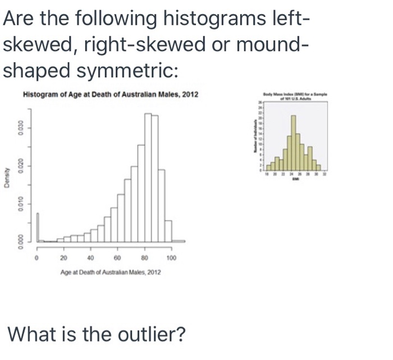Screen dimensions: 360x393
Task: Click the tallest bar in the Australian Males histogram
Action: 148,177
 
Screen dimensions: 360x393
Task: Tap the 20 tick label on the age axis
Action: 63,258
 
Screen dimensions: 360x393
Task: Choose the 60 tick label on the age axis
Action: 117,258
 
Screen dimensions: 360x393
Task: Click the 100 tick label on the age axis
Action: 172,258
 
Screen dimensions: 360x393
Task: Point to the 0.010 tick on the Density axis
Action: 20,202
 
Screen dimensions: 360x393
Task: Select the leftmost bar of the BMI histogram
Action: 268,166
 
